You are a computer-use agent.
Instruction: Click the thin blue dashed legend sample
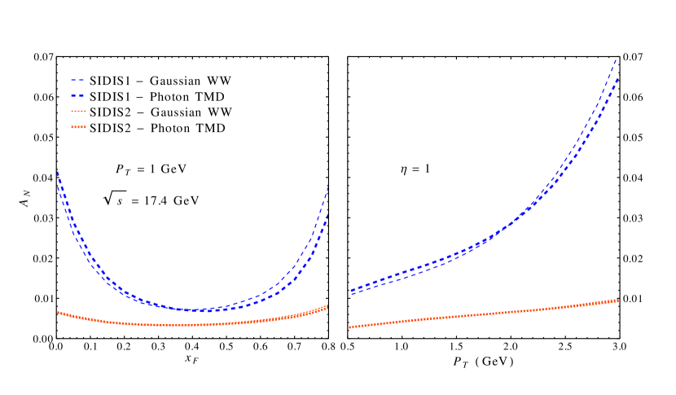click(x=78, y=80)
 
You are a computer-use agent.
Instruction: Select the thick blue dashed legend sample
click(x=78, y=95)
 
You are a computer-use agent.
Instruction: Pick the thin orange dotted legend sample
click(x=78, y=111)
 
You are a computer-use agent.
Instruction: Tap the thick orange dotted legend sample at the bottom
click(x=78, y=127)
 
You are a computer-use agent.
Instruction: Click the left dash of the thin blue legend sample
click(x=73, y=80)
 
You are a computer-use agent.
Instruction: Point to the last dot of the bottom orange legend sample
click(x=84, y=127)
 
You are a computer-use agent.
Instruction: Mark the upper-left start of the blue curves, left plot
click(x=57, y=172)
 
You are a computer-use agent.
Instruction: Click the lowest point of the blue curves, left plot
click(x=195, y=310)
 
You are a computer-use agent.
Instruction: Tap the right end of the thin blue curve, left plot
click(x=328, y=187)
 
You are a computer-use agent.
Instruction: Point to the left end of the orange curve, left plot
click(x=58, y=311)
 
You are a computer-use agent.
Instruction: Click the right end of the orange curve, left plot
click(x=327, y=306)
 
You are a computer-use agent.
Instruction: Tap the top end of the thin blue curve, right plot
click(x=617, y=59)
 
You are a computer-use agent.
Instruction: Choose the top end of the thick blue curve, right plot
click(x=619, y=77)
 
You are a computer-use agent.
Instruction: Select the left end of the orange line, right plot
click(x=350, y=327)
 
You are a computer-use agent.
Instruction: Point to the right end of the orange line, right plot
click(x=619, y=301)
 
